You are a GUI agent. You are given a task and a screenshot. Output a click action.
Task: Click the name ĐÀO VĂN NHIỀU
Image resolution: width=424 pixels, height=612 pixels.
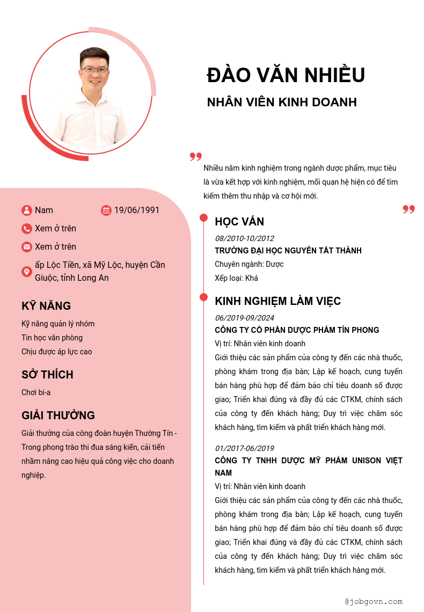coord(286,75)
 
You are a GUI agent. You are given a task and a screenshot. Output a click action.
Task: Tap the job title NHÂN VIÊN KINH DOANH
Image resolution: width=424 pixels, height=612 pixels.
coord(282,102)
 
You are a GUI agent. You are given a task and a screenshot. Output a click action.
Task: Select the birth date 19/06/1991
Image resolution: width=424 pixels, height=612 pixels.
coord(137,210)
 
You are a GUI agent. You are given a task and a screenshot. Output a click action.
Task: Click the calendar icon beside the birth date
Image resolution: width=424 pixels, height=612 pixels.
coord(106,210)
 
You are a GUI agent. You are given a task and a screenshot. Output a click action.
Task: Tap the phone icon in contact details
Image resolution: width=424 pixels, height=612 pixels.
coord(27,229)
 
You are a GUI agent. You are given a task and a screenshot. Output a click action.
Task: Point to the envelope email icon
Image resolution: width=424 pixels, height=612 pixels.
coord(27,247)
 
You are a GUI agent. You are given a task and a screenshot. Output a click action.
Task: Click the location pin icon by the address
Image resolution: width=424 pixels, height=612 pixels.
coord(27,272)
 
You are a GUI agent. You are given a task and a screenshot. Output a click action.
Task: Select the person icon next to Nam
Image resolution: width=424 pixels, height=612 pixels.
coord(27,210)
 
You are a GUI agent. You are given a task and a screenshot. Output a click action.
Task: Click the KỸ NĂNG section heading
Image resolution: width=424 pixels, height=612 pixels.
coord(46,306)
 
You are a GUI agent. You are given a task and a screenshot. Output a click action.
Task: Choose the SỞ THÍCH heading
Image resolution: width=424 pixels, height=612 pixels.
coord(47,375)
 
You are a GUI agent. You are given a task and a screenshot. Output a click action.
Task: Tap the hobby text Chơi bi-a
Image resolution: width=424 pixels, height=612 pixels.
coord(36,392)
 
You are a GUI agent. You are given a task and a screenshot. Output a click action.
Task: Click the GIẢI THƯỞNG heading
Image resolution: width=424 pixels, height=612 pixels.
coord(58,416)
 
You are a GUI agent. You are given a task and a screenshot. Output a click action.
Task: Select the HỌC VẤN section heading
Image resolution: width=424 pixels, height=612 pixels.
coord(239,222)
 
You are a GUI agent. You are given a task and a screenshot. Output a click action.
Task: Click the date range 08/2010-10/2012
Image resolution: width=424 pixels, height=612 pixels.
coord(244,238)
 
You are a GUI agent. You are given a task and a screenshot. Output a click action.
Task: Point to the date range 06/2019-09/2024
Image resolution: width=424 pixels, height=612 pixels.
coord(244,318)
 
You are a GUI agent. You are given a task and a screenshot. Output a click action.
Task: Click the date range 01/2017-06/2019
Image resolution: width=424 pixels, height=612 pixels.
coord(244,448)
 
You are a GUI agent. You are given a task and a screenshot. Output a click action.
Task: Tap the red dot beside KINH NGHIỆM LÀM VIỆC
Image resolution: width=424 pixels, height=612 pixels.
coord(204,297)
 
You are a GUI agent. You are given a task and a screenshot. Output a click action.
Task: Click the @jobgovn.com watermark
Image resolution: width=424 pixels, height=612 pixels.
coord(374,602)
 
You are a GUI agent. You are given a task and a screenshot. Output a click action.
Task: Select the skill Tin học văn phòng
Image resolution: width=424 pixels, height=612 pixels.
coord(52,338)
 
